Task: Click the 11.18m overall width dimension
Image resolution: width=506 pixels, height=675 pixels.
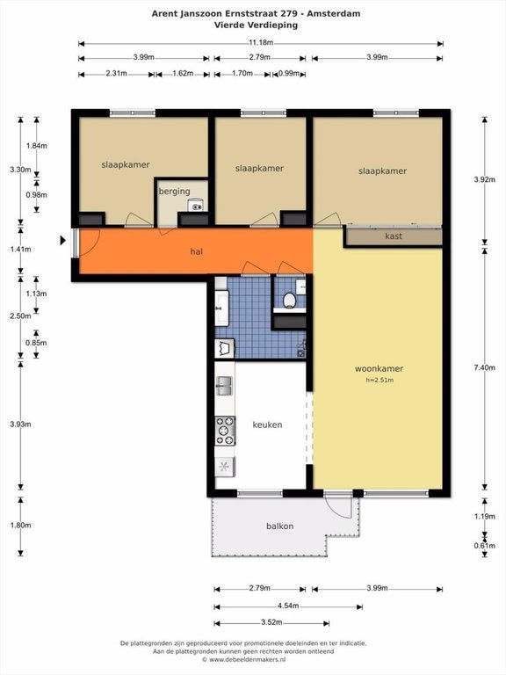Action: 261,43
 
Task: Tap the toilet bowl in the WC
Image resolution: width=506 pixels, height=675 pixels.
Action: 289,300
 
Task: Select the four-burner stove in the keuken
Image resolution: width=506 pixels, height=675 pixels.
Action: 225,431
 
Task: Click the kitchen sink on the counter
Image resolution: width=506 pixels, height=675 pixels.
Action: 225,386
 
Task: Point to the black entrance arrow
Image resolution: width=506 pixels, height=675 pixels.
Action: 63,240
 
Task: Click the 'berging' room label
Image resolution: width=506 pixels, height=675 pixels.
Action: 174,191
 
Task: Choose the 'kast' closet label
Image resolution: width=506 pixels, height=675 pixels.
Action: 394,236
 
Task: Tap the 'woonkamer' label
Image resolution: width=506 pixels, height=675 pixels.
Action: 379,368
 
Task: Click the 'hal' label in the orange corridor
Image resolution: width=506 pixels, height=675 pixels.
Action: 196,251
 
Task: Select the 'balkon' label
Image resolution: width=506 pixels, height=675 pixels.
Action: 279,526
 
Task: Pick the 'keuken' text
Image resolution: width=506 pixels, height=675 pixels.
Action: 267,425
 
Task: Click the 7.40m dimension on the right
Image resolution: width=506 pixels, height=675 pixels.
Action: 485,367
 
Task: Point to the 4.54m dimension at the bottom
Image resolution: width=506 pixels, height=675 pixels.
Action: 288,606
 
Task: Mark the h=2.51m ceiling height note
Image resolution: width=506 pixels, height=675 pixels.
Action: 379,380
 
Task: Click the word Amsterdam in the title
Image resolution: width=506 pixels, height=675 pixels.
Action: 334,13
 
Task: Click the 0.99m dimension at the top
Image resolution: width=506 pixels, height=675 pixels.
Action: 289,73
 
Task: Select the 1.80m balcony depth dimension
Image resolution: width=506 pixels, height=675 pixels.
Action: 20,526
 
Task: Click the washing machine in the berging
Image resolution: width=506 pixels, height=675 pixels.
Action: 197,206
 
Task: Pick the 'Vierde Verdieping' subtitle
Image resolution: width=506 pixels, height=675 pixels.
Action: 256,25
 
